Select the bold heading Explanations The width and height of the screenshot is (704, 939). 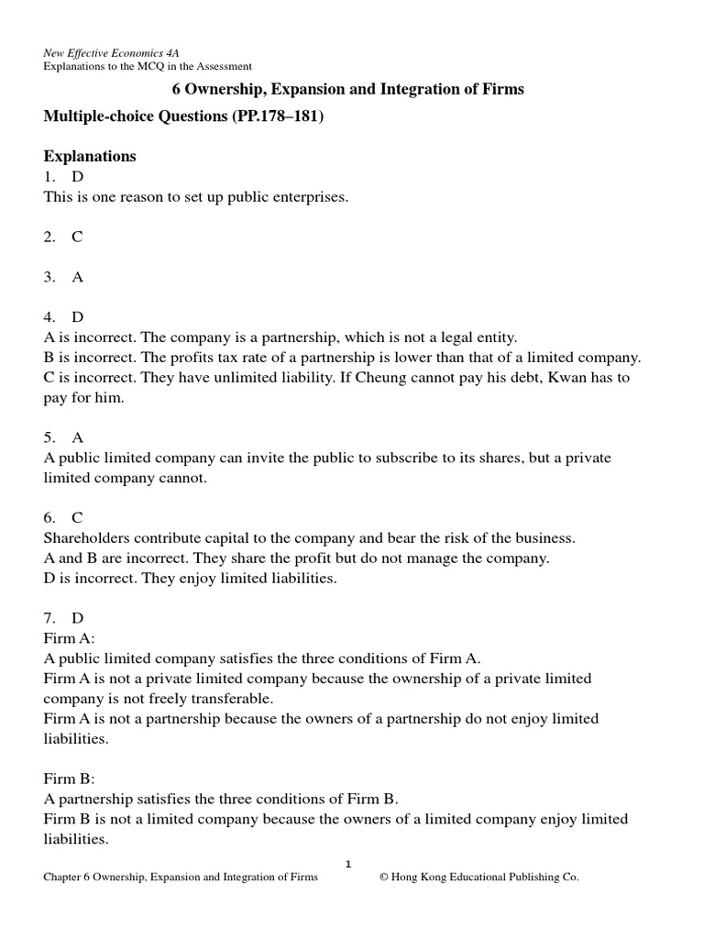(x=90, y=156)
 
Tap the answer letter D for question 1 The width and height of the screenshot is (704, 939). (x=77, y=177)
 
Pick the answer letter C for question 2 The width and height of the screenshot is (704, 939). (x=77, y=237)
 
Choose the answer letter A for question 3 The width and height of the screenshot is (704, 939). (x=77, y=276)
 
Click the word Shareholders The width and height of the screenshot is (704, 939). (x=85, y=537)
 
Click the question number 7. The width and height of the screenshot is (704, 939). (x=49, y=618)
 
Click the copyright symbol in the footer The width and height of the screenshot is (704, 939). (x=385, y=878)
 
